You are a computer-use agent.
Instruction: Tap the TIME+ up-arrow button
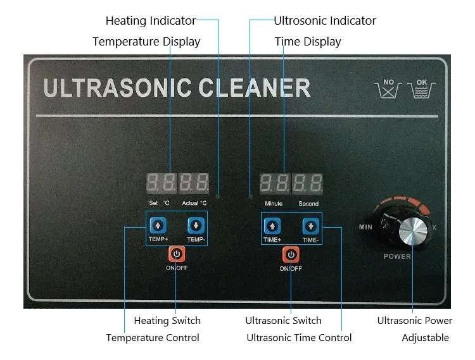coord(272,225)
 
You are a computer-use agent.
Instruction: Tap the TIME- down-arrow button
coord(310,225)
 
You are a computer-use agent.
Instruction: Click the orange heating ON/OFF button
coord(177,254)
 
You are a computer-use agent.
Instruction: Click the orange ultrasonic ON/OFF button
coord(291,254)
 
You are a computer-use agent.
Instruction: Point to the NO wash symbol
coord(389,88)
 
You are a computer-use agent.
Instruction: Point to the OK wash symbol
coord(422,88)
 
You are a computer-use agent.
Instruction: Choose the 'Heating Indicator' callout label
coord(151,21)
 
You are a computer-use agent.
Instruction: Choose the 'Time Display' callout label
coord(308,42)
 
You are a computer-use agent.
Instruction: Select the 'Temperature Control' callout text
coord(153,338)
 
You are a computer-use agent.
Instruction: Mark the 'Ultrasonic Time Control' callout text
coord(299,338)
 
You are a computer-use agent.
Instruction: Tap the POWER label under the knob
coord(397,256)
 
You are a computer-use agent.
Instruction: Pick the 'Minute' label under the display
coord(274,204)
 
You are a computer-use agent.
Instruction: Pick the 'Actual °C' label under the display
coord(194,204)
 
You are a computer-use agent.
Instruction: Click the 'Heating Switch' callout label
coord(167,321)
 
